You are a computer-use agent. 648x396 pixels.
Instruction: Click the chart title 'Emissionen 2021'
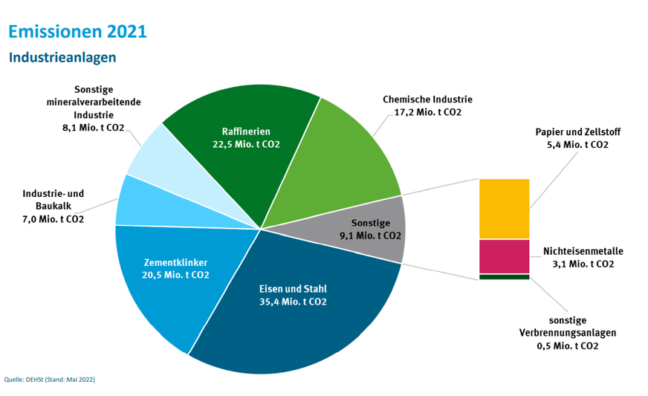click(77, 31)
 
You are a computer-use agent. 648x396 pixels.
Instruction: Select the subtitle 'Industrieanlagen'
click(62, 57)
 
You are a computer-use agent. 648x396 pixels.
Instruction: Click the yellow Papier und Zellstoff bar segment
click(504, 209)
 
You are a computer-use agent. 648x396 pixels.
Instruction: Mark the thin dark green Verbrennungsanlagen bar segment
click(504, 277)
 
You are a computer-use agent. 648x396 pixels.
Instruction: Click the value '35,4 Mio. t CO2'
click(292, 302)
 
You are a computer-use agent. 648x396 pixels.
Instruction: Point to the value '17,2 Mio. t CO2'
click(427, 112)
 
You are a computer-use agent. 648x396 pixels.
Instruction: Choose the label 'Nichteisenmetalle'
click(583, 251)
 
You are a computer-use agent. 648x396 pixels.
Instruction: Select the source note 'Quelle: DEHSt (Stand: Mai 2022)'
click(50, 380)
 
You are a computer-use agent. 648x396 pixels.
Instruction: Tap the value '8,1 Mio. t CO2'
click(93, 128)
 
